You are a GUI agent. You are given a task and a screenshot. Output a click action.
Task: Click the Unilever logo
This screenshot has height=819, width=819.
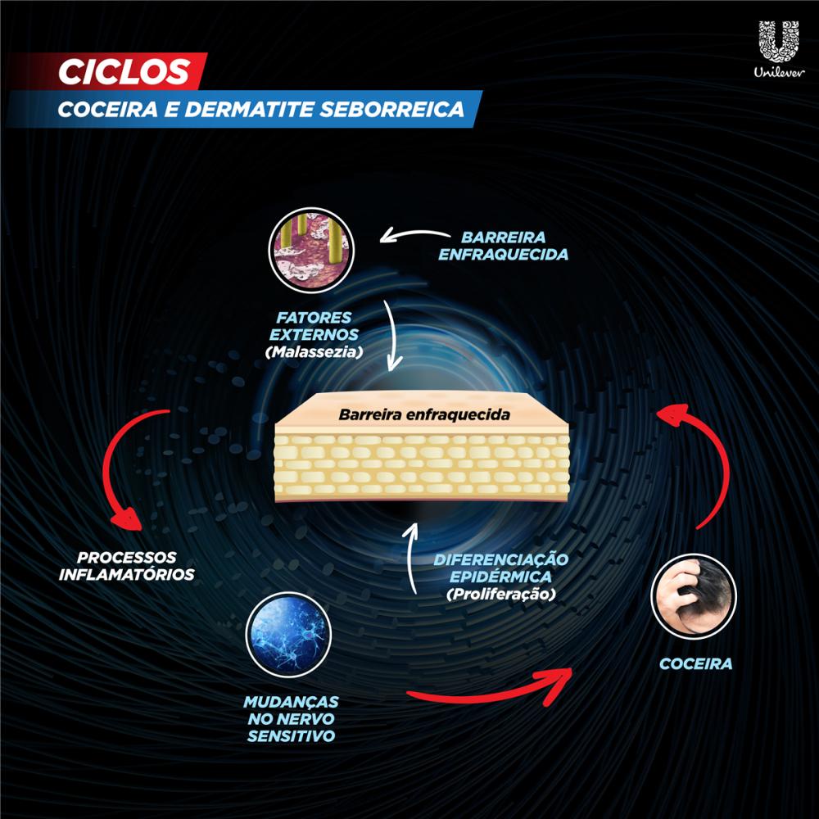click(779, 49)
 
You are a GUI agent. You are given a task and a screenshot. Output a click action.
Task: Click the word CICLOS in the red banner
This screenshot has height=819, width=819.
click(124, 71)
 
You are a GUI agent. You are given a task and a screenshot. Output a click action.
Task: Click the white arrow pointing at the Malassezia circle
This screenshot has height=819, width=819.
click(413, 235)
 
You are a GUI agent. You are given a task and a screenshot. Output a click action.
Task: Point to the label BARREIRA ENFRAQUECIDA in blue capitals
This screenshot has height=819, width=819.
click(503, 246)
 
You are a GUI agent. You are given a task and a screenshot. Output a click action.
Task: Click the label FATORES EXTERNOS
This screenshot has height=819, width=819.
click(314, 326)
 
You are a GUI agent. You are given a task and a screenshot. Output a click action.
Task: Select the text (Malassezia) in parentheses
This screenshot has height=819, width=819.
click(314, 352)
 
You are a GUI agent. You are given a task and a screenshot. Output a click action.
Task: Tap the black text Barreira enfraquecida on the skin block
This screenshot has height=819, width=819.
click(424, 414)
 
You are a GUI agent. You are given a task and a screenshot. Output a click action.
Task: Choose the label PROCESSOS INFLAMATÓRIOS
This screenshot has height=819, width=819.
click(126, 566)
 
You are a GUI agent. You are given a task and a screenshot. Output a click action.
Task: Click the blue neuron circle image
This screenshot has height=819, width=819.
click(288, 635)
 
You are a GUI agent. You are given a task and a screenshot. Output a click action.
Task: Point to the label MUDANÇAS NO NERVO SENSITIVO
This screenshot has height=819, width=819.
click(291, 719)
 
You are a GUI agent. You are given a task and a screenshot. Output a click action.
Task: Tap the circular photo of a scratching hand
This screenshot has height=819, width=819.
click(693, 596)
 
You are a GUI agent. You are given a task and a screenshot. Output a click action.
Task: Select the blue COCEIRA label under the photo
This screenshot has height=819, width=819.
click(695, 664)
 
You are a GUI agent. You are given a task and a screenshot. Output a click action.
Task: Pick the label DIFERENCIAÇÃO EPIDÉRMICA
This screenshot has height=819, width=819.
click(500, 568)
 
